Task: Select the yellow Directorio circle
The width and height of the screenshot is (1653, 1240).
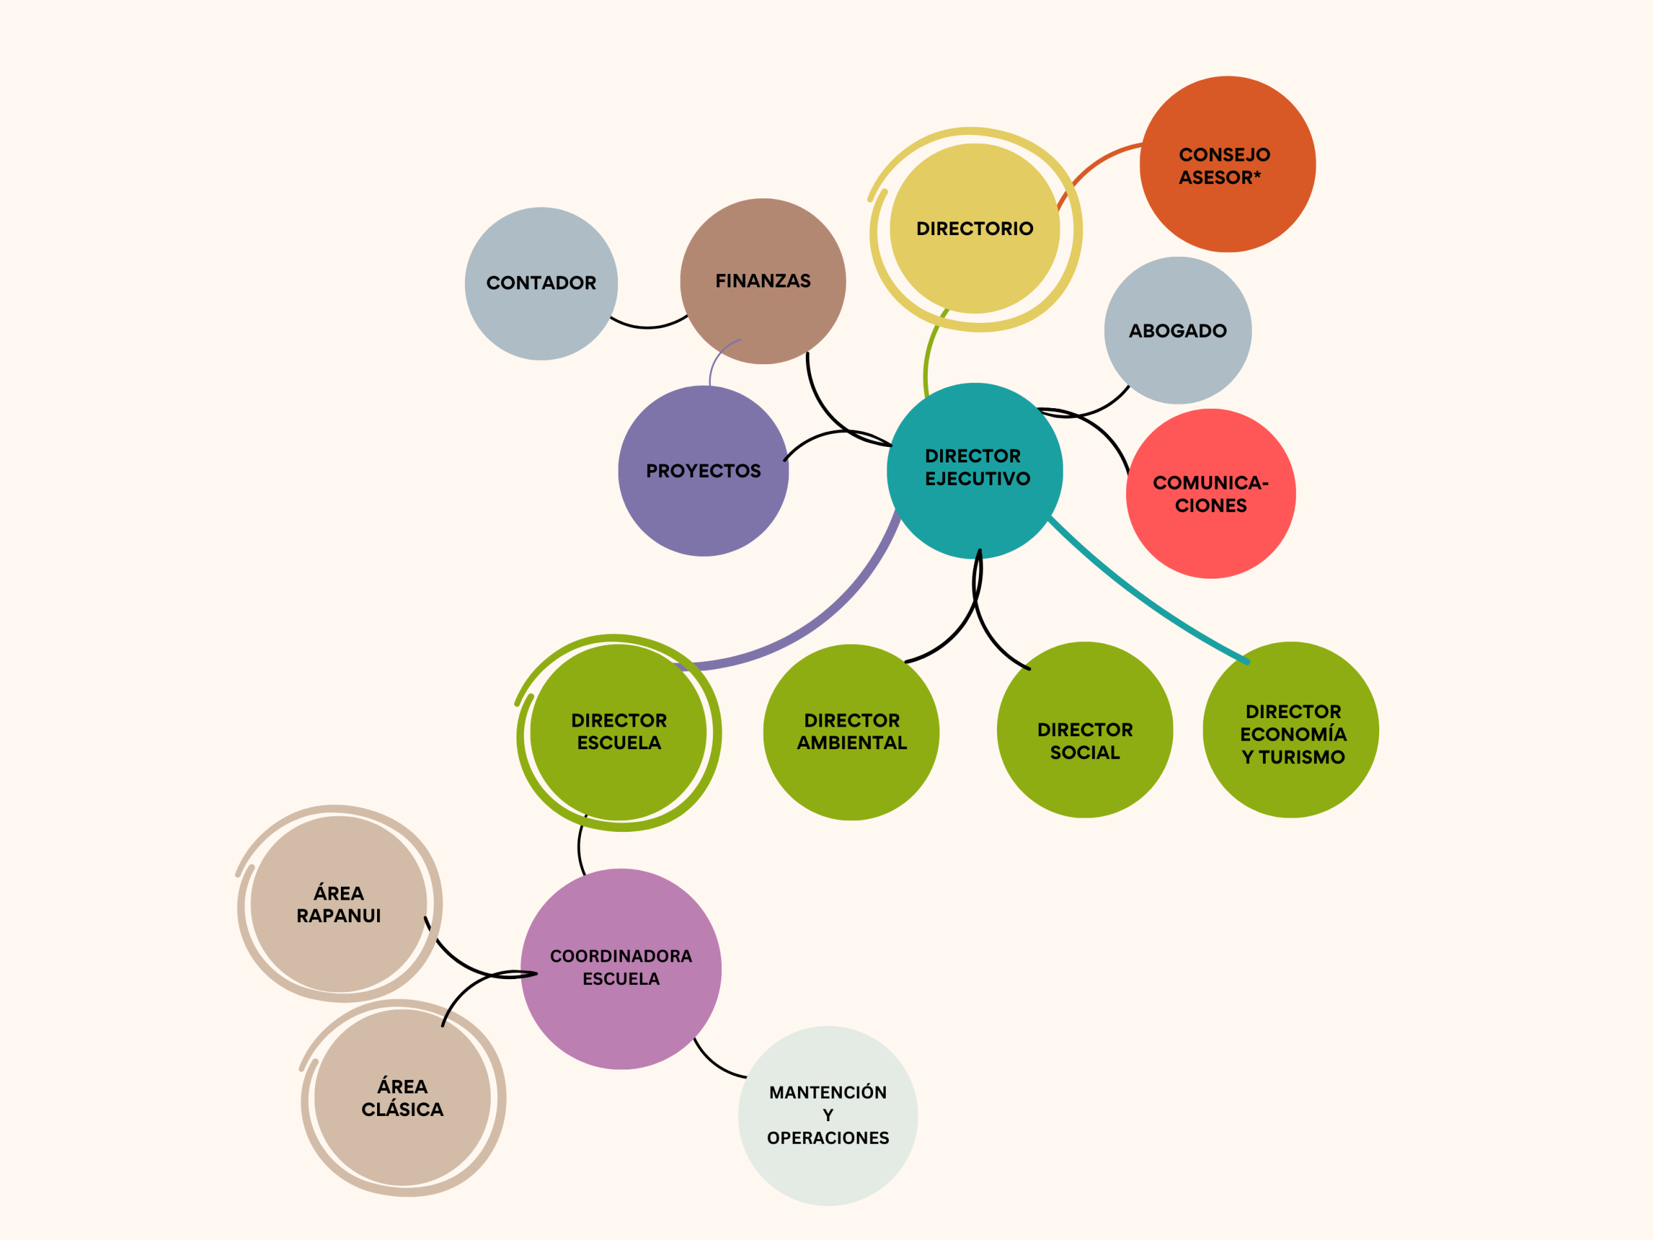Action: pos(974,229)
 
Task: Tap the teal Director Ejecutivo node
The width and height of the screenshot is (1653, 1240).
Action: pos(974,471)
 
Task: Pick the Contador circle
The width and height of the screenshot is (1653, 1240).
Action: pos(541,284)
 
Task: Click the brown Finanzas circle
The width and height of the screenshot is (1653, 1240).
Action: pos(763,281)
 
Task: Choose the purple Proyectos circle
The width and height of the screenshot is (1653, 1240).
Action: pos(703,471)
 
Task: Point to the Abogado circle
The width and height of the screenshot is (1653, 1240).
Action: pos(1178,331)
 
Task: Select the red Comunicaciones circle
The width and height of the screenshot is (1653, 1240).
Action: pos(1211,493)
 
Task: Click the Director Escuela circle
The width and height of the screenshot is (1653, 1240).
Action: pos(619,732)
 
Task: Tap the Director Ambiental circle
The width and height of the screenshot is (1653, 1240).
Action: pos(851,732)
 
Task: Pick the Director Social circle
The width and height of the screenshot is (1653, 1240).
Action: pos(1085,730)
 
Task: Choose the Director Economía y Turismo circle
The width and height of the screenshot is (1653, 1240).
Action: pos(1291,730)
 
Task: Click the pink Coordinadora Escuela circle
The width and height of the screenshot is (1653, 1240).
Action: pos(621,969)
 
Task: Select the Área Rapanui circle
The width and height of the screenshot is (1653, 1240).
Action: pos(338,904)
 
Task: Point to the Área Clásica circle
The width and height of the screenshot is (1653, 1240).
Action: pos(402,1097)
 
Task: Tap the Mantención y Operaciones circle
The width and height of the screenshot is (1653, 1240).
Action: pos(828,1115)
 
